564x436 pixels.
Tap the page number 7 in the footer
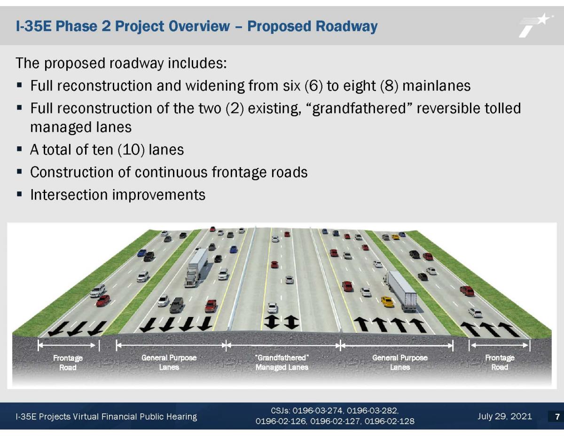(557, 416)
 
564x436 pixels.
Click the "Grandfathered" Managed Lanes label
(282, 362)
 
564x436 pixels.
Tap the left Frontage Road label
(68, 362)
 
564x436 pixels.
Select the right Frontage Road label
(499, 362)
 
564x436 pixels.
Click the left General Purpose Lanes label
(169, 362)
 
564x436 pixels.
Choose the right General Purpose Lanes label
(399, 362)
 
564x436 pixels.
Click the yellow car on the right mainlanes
(387, 301)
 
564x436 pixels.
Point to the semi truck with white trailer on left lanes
(197, 267)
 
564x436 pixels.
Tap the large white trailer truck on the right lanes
(401, 290)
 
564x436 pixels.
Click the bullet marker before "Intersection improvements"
(19, 194)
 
